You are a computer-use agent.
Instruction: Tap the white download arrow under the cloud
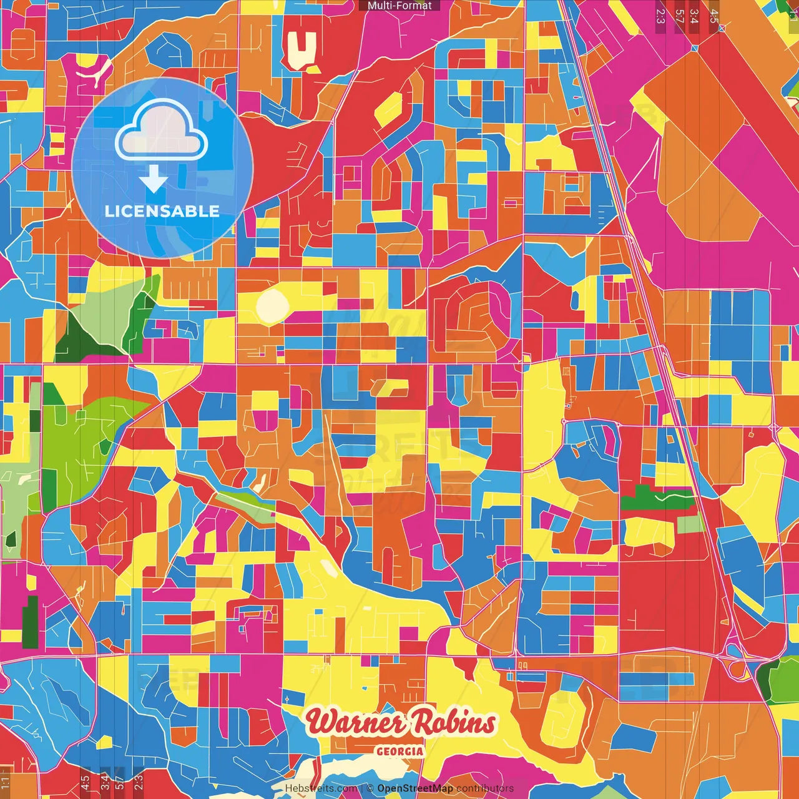coord(154,180)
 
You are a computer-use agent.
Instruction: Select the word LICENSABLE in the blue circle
coord(162,211)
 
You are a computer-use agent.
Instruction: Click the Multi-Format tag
coord(399,6)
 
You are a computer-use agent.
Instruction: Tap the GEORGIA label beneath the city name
coord(399,752)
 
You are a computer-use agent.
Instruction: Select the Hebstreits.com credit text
coord(321,788)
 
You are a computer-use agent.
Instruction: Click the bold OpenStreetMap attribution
coord(415,788)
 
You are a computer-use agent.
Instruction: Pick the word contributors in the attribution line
coord(485,788)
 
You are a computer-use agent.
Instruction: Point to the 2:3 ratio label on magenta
coord(660,16)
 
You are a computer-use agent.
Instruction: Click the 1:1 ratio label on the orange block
coord(6,780)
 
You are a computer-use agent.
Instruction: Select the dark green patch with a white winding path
coord(655,499)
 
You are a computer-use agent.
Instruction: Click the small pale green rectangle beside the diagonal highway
coord(690,524)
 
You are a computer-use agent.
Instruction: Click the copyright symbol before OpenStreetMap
coord(370,788)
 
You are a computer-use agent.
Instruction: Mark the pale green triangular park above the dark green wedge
coord(112,300)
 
